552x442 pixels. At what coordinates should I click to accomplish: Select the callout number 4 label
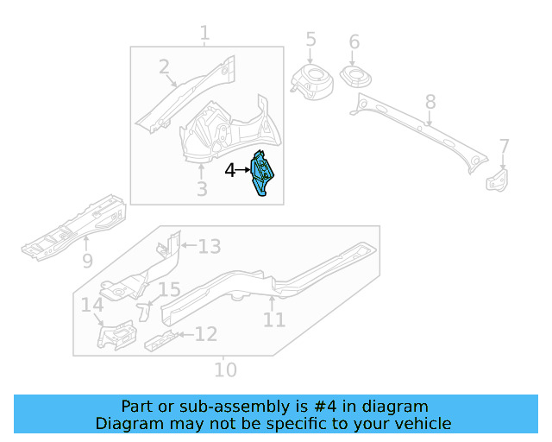[230, 171]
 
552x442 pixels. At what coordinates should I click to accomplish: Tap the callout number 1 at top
[204, 34]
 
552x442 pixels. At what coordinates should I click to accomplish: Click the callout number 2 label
[164, 67]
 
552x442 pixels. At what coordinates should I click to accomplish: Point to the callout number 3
[201, 188]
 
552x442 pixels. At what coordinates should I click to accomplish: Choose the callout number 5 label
[310, 40]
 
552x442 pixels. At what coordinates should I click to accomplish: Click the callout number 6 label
[354, 42]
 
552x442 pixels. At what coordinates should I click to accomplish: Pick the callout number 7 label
[505, 147]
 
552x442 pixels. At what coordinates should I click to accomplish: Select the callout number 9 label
[87, 260]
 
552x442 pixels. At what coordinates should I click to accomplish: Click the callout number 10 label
[224, 370]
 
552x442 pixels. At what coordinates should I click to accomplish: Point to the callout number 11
[273, 320]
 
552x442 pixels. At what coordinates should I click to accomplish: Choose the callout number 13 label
[210, 247]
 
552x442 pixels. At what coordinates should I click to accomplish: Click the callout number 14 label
[92, 305]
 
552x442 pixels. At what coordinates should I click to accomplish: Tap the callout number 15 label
[169, 291]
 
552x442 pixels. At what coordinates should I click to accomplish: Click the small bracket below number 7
[498, 180]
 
